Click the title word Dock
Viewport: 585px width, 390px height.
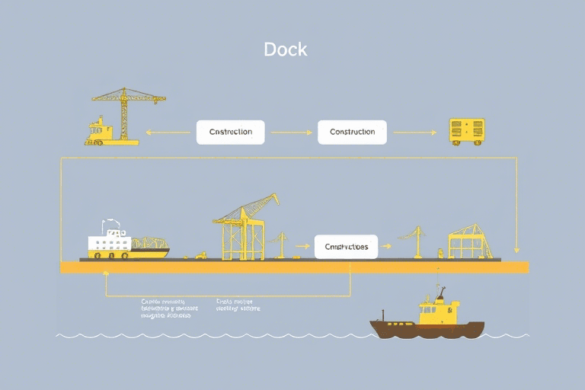(286, 50)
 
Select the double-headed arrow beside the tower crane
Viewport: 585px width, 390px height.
(168, 132)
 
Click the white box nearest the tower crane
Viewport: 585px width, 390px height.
(230, 132)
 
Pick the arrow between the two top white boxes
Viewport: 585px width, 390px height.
(291, 132)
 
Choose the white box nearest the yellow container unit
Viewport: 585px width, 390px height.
(352, 132)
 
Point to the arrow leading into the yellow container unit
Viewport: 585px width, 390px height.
(414, 132)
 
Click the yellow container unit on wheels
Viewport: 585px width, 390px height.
(466, 132)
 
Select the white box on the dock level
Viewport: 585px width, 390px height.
(346, 247)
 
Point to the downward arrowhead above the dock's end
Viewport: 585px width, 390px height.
(517, 248)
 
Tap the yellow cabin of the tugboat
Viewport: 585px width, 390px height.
(439, 311)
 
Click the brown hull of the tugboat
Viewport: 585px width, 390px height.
(427, 328)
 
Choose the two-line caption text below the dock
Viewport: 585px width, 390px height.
(238, 305)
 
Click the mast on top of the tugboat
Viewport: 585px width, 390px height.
(441, 292)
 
